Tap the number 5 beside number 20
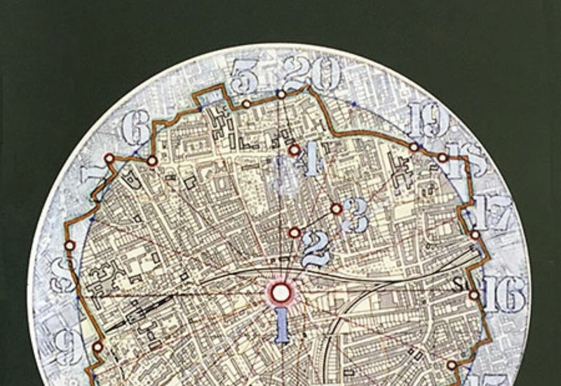pyautogui.click(x=244, y=76)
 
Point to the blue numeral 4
pyautogui.click(x=311, y=161)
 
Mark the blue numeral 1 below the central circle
pyautogui.click(x=282, y=326)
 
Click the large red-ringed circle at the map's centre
pyautogui.click(x=281, y=292)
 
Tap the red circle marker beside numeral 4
pyautogui.click(x=294, y=149)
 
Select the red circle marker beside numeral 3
pyautogui.click(x=337, y=208)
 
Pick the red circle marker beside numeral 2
pyautogui.click(x=295, y=232)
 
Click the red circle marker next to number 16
pyautogui.click(x=475, y=295)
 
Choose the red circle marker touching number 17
pyautogui.click(x=475, y=234)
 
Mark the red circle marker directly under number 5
pyautogui.click(x=247, y=104)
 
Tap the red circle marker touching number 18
pyautogui.click(x=442, y=158)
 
